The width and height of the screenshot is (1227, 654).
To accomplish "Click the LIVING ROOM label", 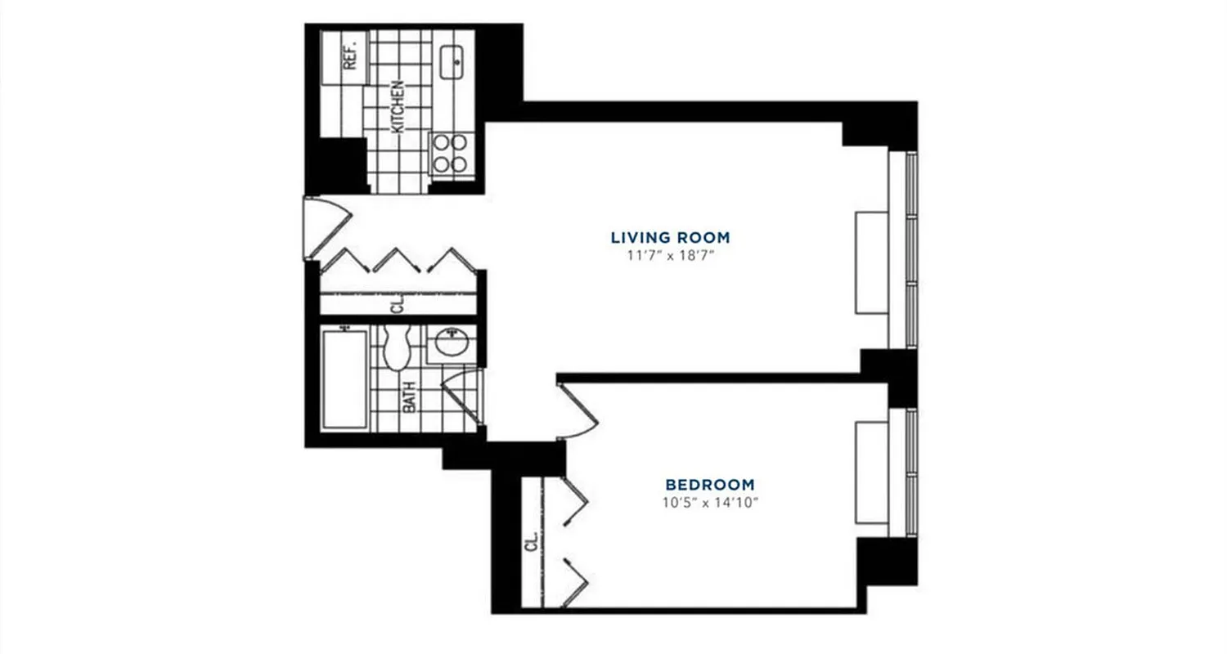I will pyautogui.click(x=670, y=238).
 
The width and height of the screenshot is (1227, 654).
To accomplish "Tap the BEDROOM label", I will pyautogui.click(x=709, y=484).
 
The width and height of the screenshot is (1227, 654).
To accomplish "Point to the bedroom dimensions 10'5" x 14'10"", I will pyautogui.click(x=710, y=502).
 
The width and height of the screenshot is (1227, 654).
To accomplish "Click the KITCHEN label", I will pyautogui.click(x=398, y=106).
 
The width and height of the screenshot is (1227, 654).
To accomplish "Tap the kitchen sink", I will pyautogui.click(x=452, y=62).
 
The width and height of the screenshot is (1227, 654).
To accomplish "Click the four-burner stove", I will pyautogui.click(x=450, y=153).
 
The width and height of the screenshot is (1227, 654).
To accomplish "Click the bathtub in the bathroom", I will pyautogui.click(x=344, y=378).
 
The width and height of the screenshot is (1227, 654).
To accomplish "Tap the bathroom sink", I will pyautogui.click(x=451, y=342).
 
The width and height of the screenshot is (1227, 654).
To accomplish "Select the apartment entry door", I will pyautogui.click(x=325, y=226).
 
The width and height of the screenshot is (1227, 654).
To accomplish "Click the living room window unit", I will pyautogui.click(x=872, y=262).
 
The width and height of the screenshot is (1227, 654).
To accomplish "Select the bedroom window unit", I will pyautogui.click(x=872, y=473).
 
